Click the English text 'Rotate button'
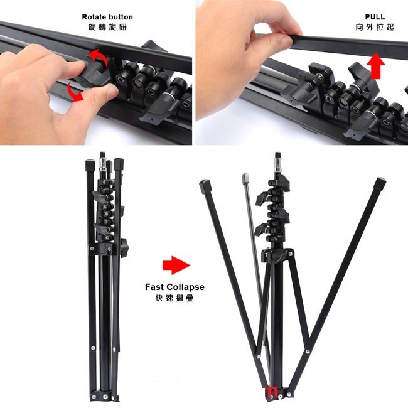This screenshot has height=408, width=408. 107,17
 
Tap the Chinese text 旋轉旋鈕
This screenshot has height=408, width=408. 107,28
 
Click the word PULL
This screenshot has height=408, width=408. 375,17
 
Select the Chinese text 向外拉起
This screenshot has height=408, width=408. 375,28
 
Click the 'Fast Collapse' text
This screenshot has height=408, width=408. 174,287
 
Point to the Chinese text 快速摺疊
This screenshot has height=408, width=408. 174,298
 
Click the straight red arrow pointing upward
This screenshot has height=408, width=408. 376,65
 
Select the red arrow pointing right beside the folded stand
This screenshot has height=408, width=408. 174,265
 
